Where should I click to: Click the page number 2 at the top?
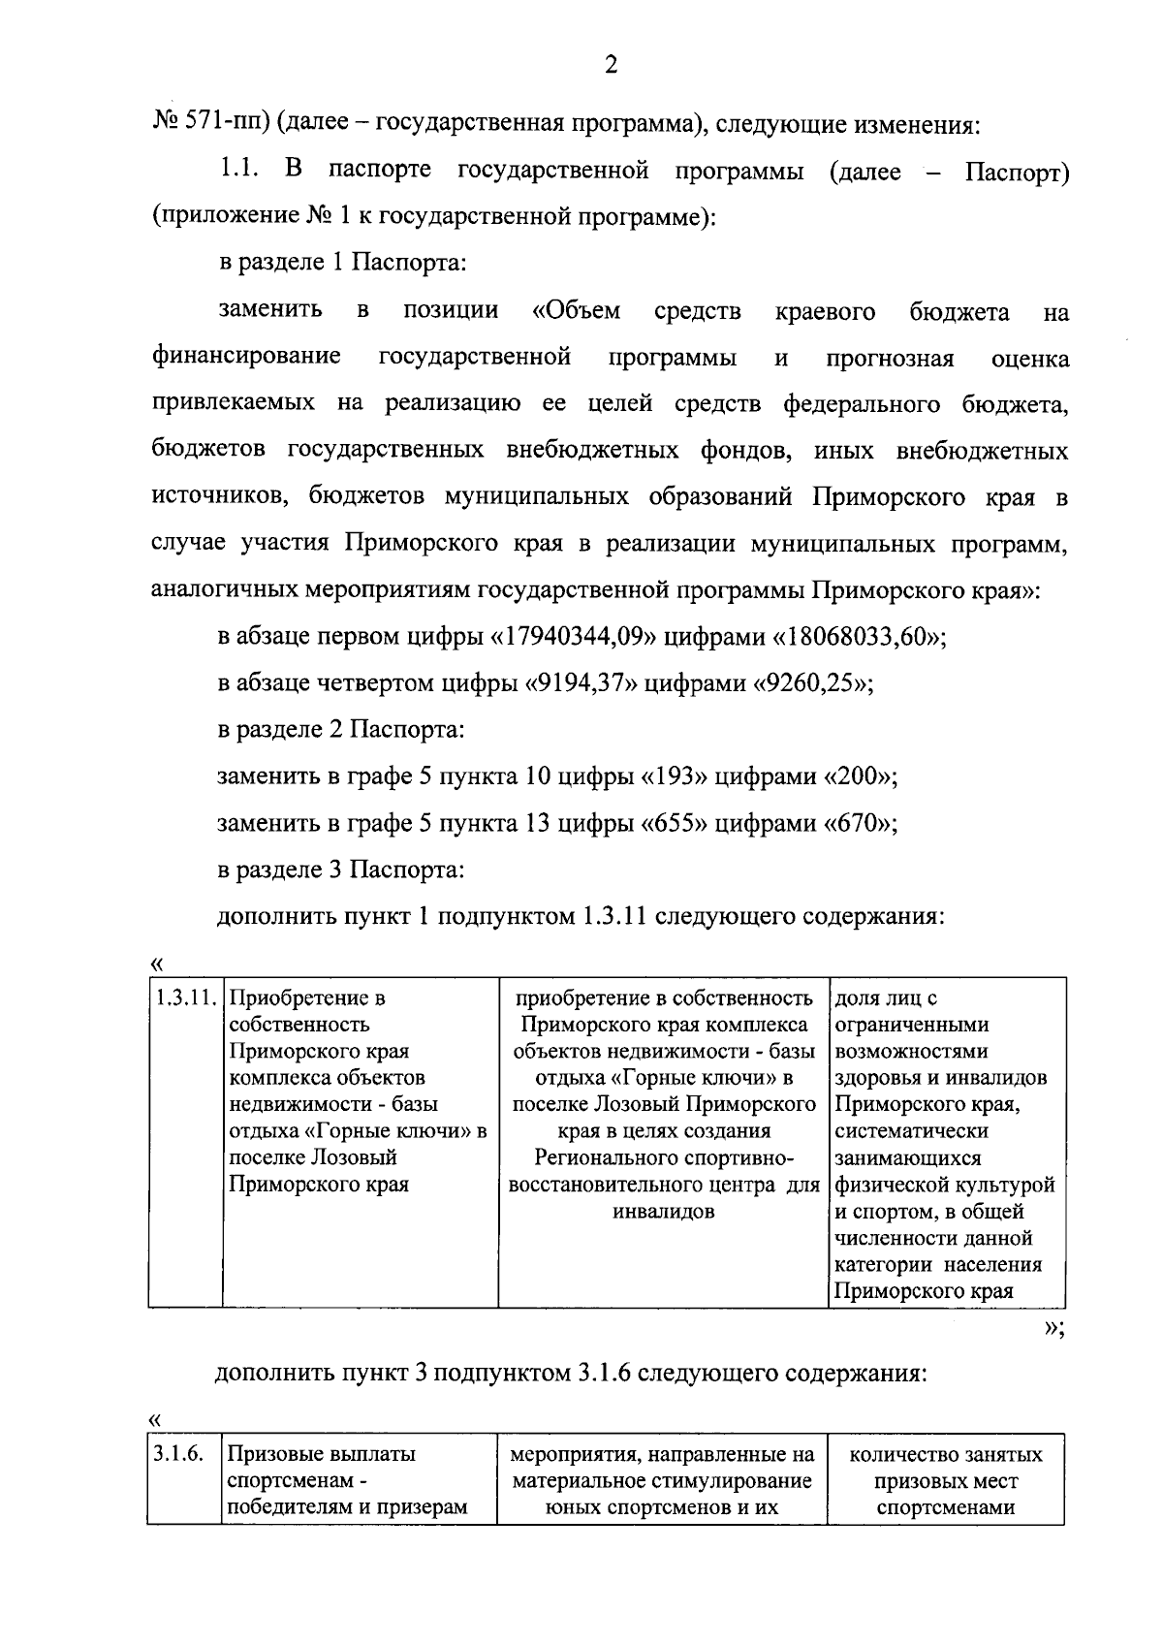point(610,65)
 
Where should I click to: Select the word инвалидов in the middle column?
point(663,1212)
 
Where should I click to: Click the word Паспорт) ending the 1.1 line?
point(1018,174)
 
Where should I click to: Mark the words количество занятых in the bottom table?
point(945,1455)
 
